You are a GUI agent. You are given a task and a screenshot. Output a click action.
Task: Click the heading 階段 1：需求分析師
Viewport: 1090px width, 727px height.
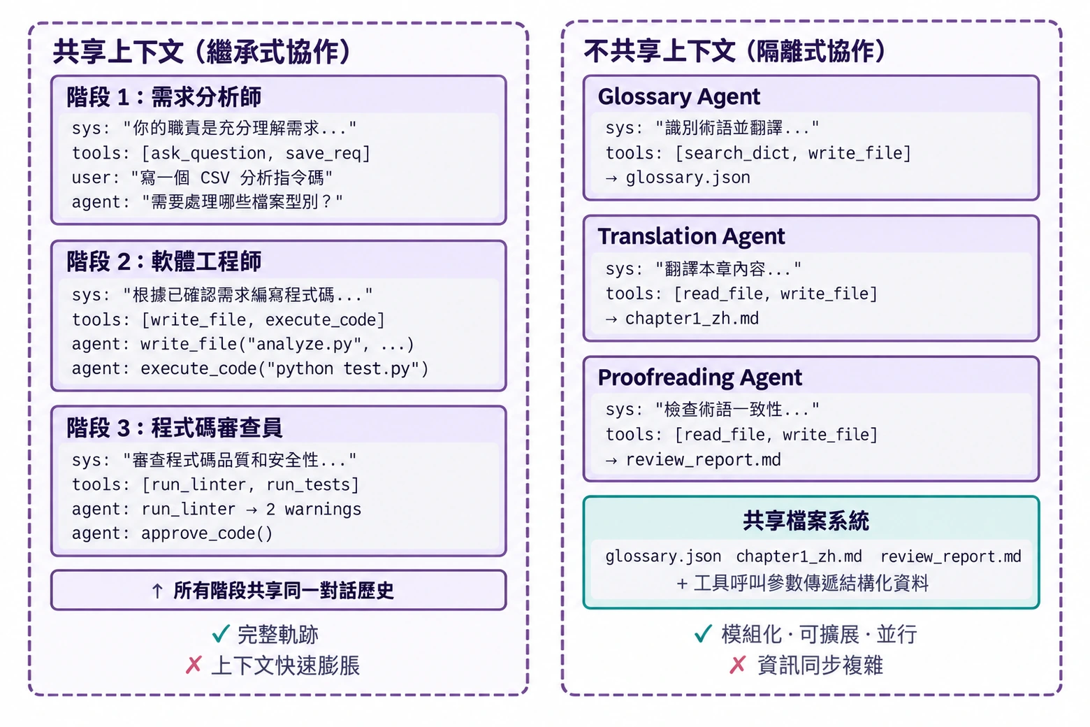coord(164,96)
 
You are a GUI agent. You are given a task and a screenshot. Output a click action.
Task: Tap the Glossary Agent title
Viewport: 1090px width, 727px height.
coord(679,97)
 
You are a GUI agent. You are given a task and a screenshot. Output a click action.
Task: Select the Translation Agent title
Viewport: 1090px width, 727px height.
coord(691,237)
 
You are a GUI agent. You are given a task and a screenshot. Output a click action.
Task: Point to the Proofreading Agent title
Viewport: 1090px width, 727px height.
coord(699,377)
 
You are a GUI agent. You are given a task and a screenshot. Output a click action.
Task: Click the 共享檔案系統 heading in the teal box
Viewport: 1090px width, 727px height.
coord(806,521)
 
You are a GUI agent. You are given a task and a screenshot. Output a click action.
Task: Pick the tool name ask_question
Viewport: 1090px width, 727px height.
coord(208,153)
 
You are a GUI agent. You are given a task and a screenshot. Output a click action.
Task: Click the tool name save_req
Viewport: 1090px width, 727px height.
coord(323,153)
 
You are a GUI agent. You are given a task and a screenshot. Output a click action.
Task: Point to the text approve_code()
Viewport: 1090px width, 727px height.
coord(207,533)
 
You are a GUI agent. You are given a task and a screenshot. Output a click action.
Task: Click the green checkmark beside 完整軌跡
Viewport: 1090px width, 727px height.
coord(221,634)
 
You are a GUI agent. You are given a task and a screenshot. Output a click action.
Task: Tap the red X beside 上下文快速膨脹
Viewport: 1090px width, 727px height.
coord(194,665)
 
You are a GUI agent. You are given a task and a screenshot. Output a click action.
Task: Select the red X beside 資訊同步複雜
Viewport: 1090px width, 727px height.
coord(738,665)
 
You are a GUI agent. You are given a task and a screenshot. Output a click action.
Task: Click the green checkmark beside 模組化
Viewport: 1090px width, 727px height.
coord(703,634)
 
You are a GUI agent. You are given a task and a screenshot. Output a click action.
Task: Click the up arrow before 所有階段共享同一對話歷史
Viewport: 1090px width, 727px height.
coord(157,591)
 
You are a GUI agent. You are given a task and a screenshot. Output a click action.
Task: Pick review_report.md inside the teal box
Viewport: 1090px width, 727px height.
coord(951,556)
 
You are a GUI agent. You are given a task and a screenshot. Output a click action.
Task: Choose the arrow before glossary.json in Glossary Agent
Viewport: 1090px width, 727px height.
coord(611,178)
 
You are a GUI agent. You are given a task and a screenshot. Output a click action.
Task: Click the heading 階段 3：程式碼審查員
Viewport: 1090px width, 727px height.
coord(174,428)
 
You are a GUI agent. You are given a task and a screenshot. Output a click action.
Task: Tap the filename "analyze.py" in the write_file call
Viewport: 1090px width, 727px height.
coord(305,344)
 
